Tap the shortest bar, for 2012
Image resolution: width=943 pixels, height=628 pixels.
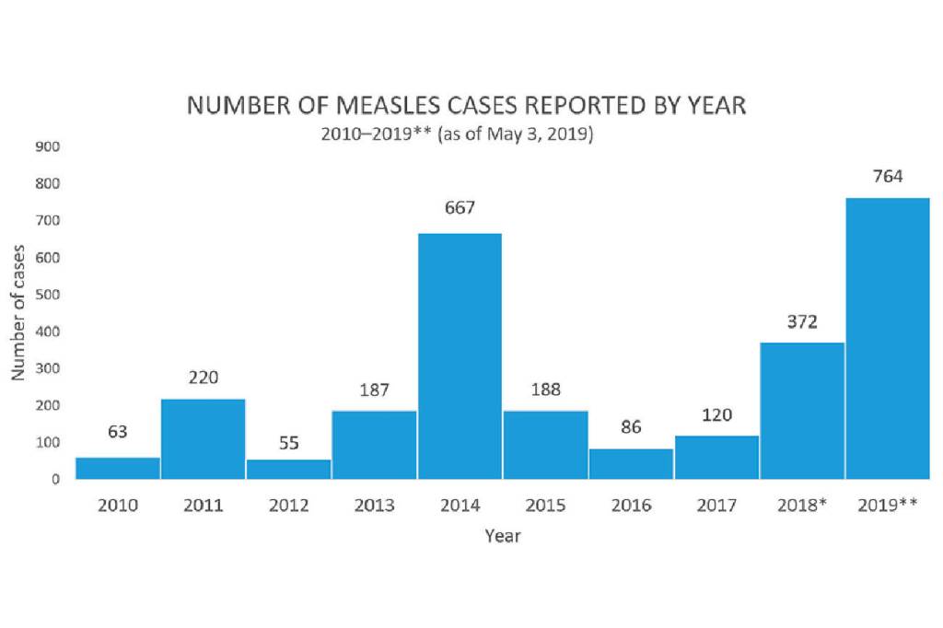pos(288,469)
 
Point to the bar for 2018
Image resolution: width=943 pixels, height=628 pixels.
pos(802,411)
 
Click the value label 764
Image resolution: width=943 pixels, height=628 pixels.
pos(888,177)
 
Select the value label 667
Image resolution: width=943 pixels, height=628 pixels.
pos(460,208)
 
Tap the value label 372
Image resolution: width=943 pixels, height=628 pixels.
pos(802,321)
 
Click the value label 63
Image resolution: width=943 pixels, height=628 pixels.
pos(118,431)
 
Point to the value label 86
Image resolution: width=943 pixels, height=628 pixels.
pos(631,427)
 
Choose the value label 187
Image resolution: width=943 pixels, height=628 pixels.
pos(374,390)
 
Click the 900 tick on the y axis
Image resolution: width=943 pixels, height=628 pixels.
pos(49,146)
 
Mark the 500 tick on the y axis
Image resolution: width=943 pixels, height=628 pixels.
pos(49,295)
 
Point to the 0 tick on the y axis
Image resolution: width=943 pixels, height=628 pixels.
pos(55,479)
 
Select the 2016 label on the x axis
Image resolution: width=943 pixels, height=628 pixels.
pos(631,506)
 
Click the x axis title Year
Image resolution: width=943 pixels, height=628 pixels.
pos(503,535)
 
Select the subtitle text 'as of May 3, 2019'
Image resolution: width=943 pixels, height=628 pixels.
pos(516,134)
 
